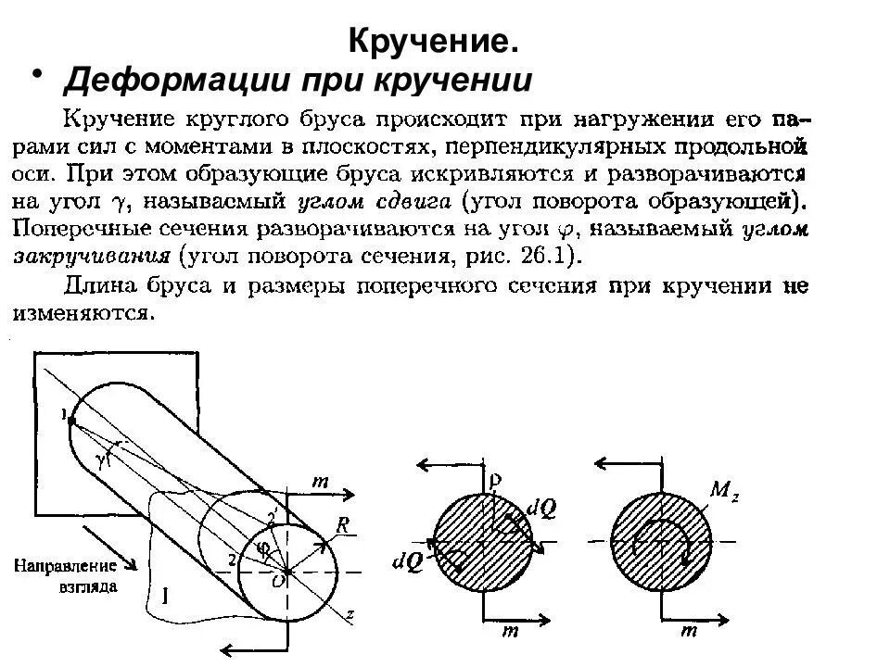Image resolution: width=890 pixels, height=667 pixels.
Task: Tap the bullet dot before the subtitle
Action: [38, 73]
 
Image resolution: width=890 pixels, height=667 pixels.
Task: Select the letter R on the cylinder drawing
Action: [344, 525]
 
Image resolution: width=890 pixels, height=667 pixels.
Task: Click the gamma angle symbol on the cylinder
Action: [102, 457]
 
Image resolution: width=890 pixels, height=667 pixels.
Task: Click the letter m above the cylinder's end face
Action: [321, 482]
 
